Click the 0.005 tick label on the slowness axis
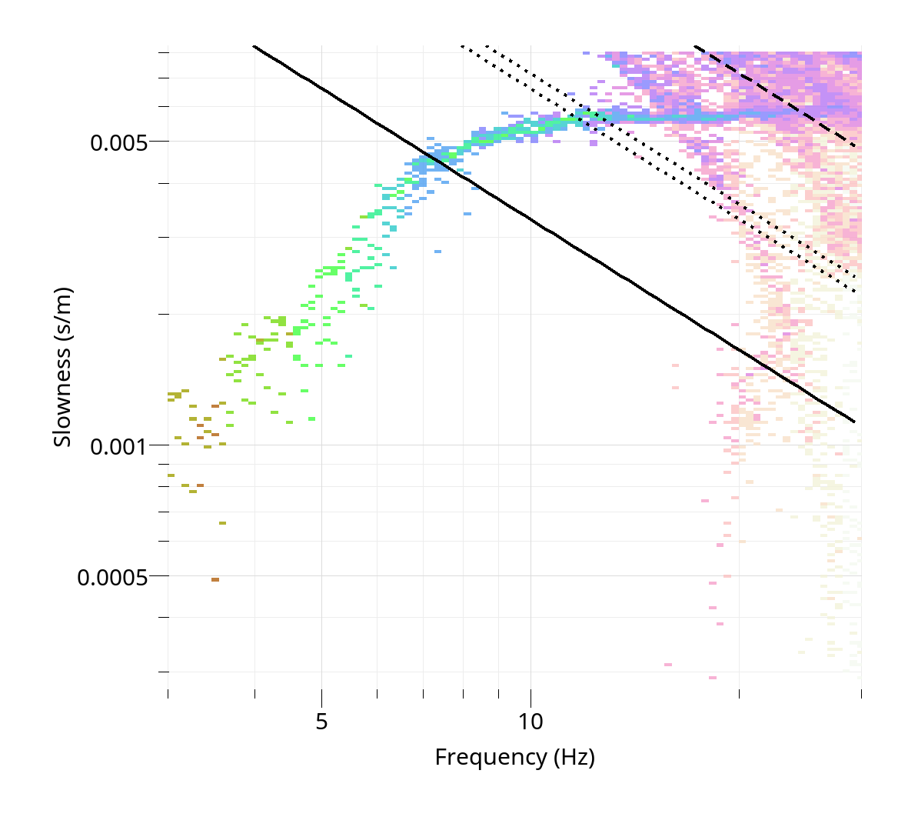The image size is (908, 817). [118, 142]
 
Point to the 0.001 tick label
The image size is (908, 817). [118, 446]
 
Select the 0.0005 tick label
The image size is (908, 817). [112, 577]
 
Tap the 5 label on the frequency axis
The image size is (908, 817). [321, 722]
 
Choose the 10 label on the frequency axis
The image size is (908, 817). [530, 722]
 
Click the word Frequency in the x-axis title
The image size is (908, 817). [491, 758]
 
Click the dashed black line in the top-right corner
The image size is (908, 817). [777, 96]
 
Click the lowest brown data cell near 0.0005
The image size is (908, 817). [215, 579]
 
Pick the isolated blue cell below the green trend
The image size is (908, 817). [437, 252]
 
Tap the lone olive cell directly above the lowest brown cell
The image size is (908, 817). [222, 523]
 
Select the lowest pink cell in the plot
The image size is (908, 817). [712, 678]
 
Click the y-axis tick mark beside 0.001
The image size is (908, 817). [163, 445]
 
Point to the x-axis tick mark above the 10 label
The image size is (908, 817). [530, 693]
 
